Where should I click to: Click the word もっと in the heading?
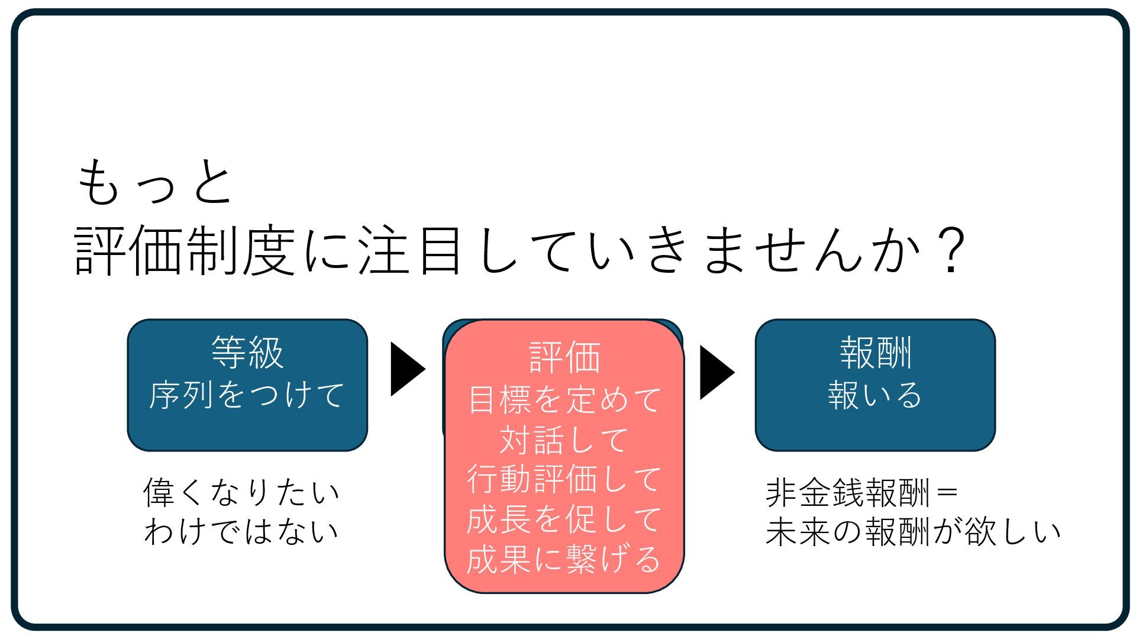point(155,183)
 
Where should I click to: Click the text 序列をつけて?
point(247,395)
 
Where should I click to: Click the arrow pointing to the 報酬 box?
point(717,372)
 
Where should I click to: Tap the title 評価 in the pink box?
point(564,357)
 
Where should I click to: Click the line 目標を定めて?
point(564,399)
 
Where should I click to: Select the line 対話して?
point(564,440)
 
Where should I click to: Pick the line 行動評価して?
point(564,479)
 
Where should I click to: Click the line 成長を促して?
point(564,519)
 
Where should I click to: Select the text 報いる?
point(876,395)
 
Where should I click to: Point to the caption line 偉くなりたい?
point(242,492)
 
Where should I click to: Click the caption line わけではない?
point(242,531)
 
